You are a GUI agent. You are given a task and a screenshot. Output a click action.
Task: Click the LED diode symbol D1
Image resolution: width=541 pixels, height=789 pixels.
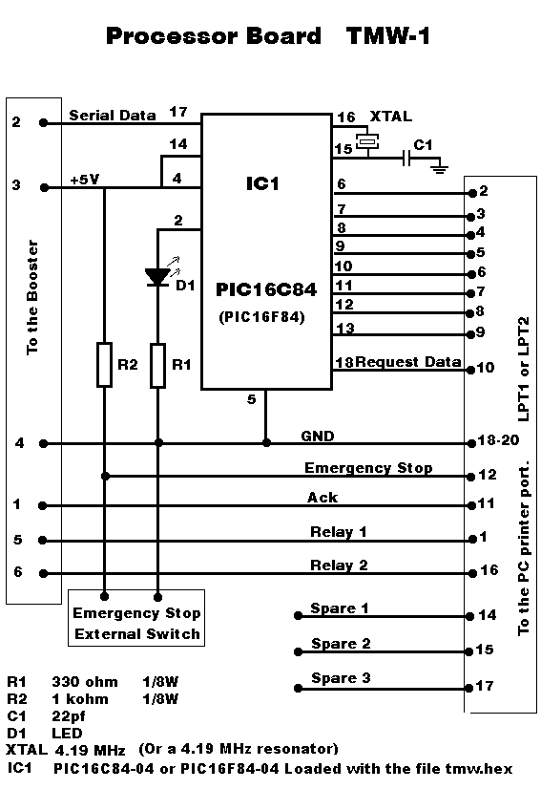[157, 277]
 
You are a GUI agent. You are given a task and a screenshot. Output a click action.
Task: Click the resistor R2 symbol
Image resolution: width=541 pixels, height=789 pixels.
[104, 365]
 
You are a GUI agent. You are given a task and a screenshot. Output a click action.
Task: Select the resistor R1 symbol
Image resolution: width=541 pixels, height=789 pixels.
[157, 365]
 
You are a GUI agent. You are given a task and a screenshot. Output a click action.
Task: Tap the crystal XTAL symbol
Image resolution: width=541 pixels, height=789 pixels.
[367, 141]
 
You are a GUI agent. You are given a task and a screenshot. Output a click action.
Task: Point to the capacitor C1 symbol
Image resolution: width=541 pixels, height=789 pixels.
[407, 159]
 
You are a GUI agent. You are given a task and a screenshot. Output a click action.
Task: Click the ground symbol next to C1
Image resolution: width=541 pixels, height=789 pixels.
[440, 166]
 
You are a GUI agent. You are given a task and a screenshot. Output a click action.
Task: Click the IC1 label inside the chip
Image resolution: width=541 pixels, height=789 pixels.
[262, 183]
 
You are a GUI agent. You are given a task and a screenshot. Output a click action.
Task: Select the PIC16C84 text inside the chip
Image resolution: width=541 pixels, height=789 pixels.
[266, 289]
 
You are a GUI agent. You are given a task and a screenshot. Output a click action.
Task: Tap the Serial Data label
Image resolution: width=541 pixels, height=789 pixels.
[113, 116]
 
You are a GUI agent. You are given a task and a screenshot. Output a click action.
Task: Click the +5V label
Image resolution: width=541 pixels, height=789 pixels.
[85, 180]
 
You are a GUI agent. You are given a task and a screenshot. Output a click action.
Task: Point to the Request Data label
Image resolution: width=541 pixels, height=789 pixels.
[407, 362]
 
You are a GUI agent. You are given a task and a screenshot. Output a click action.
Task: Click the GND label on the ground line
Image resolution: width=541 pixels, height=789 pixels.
[318, 436]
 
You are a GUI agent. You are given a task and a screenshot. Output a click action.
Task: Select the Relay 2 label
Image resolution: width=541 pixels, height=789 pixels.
[339, 565]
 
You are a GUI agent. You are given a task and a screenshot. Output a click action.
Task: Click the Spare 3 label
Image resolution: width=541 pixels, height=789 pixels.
[341, 678]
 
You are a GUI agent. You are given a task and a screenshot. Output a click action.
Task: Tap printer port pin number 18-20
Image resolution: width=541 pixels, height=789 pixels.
[498, 440]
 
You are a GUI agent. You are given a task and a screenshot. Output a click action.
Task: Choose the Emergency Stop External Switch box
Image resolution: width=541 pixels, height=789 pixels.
[136, 618]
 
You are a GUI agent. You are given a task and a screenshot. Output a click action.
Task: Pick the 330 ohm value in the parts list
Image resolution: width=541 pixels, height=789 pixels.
[85, 682]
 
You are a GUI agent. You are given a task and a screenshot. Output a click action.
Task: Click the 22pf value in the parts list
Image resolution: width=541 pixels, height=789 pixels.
[69, 716]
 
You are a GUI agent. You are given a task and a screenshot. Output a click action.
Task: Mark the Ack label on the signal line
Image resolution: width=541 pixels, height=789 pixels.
[323, 498]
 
